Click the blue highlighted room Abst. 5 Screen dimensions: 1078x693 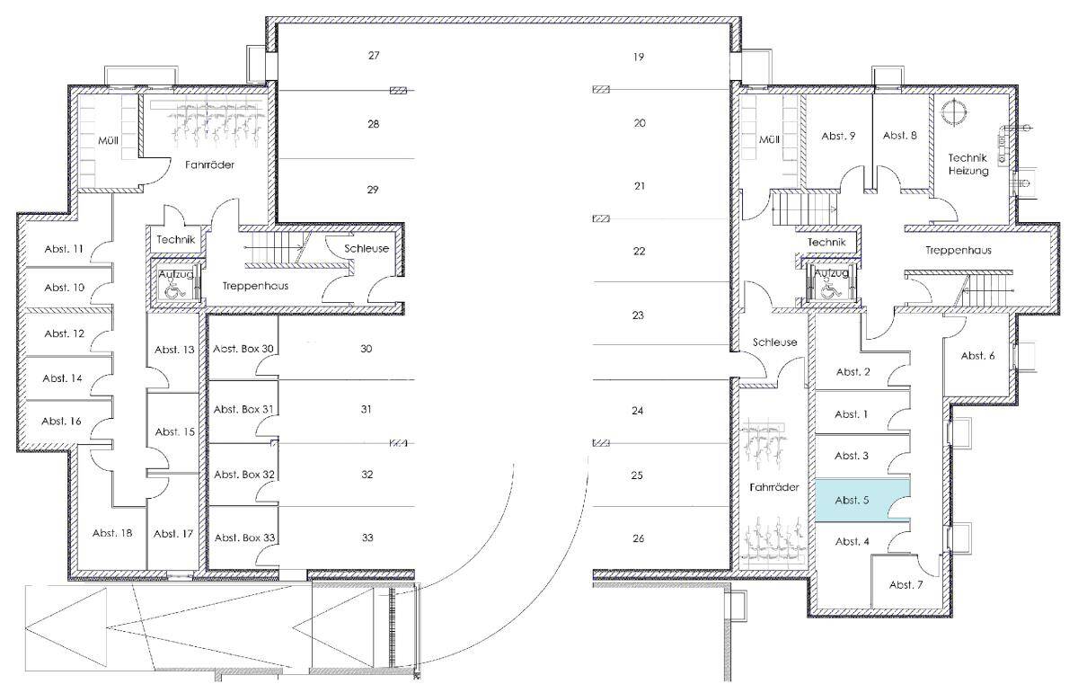(x=862, y=501)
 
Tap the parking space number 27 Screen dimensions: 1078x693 (x=374, y=56)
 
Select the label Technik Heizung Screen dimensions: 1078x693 (x=968, y=164)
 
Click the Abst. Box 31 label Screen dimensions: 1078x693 (x=243, y=409)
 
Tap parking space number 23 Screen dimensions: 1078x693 (x=638, y=315)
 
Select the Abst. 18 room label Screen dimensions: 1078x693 (x=112, y=533)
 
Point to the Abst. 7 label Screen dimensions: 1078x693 (x=906, y=584)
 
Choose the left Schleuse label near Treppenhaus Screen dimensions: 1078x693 (x=367, y=248)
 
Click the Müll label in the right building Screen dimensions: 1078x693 (x=769, y=139)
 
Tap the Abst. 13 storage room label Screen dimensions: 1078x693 (x=174, y=350)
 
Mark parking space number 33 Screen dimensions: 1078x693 (x=367, y=538)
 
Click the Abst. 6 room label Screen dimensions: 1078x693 (x=977, y=355)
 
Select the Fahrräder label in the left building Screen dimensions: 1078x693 (x=210, y=164)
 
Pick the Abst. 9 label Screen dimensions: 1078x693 (x=838, y=137)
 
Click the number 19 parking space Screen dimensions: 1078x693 (x=639, y=57)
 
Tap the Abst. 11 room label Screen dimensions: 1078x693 (x=64, y=249)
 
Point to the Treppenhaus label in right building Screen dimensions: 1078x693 (x=959, y=251)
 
